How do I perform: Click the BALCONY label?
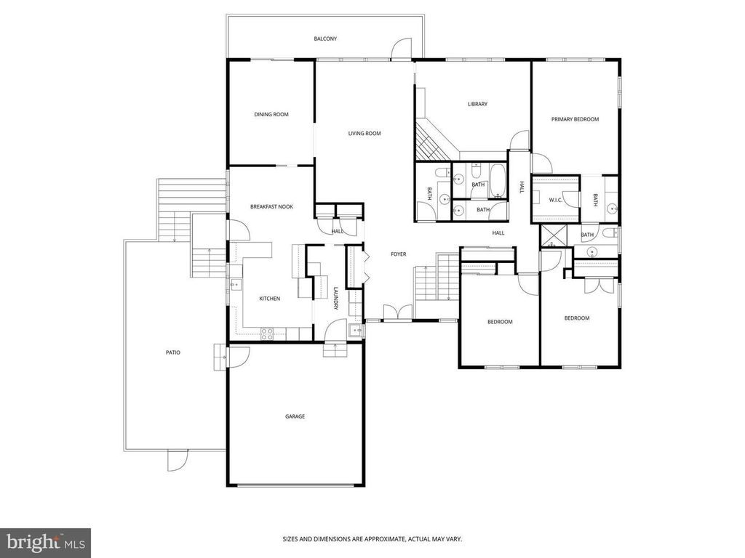click(x=325, y=39)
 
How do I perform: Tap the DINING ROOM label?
click(x=271, y=114)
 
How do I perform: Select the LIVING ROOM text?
click(x=364, y=134)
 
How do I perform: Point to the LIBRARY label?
click(x=477, y=104)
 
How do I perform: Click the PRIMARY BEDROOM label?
click(x=575, y=119)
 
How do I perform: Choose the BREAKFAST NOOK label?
click(x=272, y=206)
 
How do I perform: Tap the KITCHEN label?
click(x=269, y=299)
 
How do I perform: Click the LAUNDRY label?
click(x=335, y=299)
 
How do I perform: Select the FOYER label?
click(x=398, y=254)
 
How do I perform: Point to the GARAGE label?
click(x=295, y=416)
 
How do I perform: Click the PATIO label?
click(x=173, y=352)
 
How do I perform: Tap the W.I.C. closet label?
click(x=555, y=200)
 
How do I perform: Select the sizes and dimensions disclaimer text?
click(x=372, y=539)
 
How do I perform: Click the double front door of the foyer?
click(x=398, y=313)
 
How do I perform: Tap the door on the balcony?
click(x=401, y=49)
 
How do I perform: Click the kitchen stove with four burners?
click(x=266, y=333)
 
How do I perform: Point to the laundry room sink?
click(x=354, y=331)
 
